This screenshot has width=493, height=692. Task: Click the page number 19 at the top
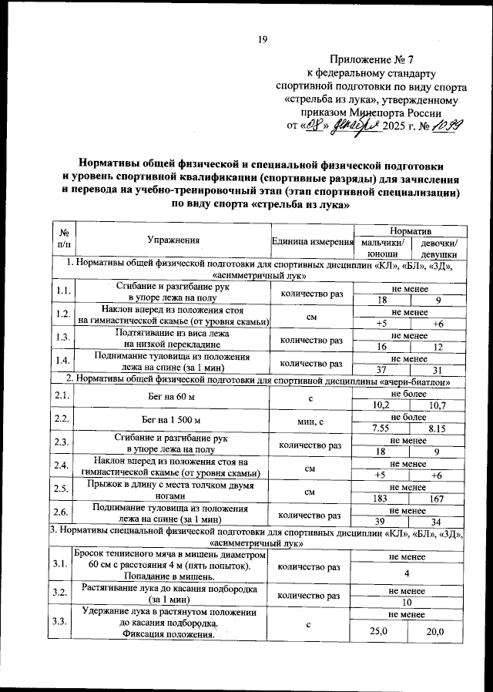tap(262, 40)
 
